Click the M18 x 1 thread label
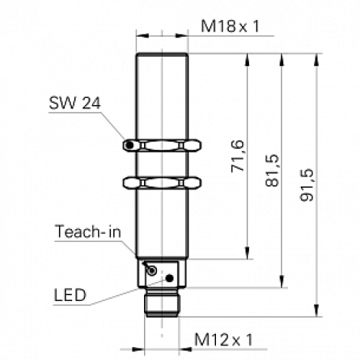coord(230,28)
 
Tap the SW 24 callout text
coord(74,102)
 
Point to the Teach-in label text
coord(85,232)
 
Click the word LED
coord(69,295)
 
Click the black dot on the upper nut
coord(129,147)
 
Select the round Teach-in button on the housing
coord(152,269)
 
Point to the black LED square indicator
coord(171,276)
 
